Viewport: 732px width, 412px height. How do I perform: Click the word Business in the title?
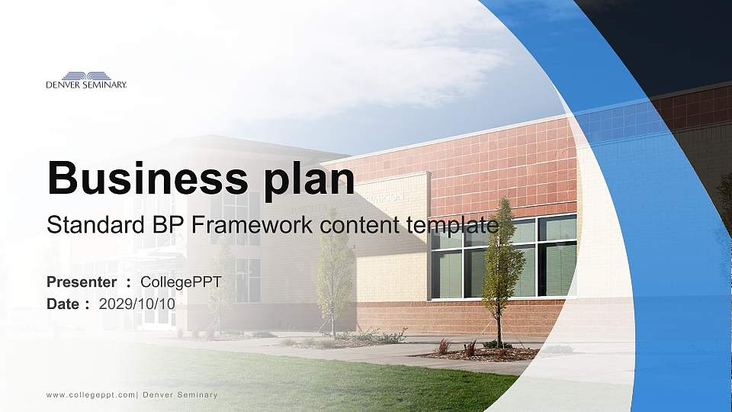141,178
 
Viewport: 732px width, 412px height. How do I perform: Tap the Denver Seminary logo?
86,80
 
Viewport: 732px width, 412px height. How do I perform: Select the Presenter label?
82,282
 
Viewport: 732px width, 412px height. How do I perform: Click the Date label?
63,304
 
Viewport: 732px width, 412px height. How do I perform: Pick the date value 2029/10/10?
137,304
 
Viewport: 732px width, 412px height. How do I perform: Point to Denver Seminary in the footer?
180,394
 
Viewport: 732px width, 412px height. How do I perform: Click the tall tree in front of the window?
501,267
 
